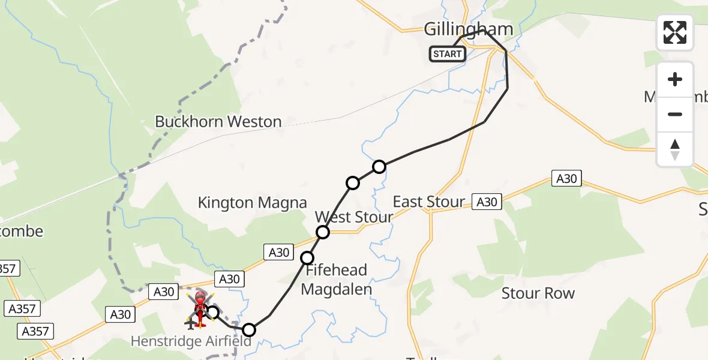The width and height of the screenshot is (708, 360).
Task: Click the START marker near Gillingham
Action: pyautogui.click(x=447, y=54)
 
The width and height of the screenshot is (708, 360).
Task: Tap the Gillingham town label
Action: pyautogui.click(x=469, y=29)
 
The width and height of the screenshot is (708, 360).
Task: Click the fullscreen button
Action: pyautogui.click(x=675, y=32)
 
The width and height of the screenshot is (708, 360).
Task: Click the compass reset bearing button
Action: pyautogui.click(x=675, y=149)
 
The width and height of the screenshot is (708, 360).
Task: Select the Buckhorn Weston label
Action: pyautogui.click(x=218, y=122)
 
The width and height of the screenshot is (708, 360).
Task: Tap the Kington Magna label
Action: pyautogui.click(x=253, y=203)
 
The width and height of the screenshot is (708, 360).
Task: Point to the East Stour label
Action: pyautogui.click(x=428, y=202)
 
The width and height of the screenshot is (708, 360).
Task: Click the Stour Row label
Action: pyautogui.click(x=538, y=293)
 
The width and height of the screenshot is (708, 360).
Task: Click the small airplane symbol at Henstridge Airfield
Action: pyautogui.click(x=191, y=325)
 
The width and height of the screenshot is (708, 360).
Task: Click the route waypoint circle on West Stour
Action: pyautogui.click(x=323, y=232)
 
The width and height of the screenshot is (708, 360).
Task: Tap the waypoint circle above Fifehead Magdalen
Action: pyautogui.click(x=307, y=258)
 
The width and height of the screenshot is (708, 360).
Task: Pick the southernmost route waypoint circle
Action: pyautogui.click(x=249, y=329)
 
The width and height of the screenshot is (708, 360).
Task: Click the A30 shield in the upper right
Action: pyautogui.click(x=566, y=178)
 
